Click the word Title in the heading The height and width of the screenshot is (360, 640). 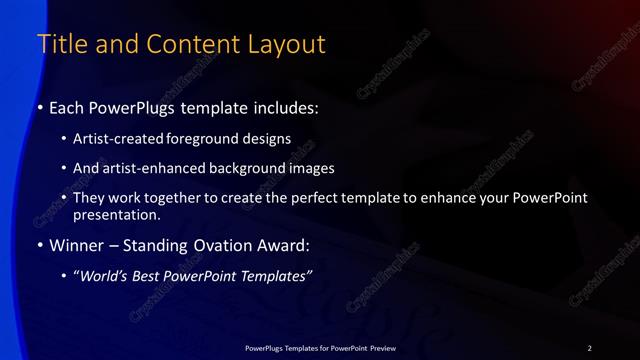tap(59, 45)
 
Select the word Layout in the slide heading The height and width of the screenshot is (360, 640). tap(290, 45)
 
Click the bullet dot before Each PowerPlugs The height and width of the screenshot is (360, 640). tap(40, 107)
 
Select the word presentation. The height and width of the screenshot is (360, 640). tap(116, 214)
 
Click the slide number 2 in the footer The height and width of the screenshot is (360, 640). tap(589, 347)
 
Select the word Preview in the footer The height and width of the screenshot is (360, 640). tap(380, 347)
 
